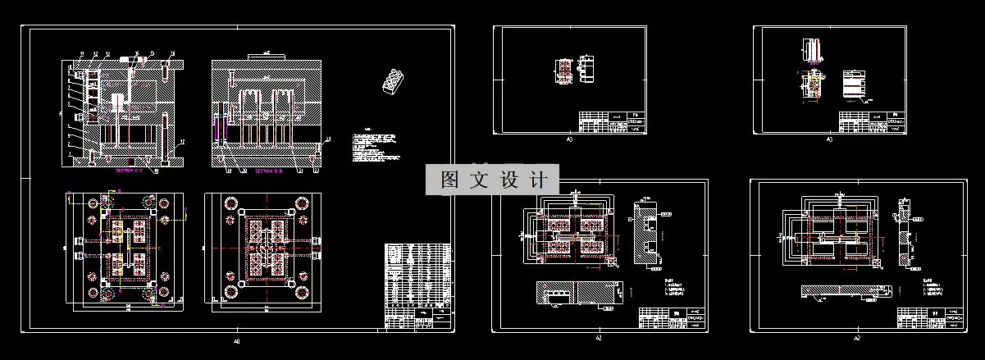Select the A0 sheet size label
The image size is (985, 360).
(237, 340)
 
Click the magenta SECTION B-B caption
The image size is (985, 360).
(269, 172)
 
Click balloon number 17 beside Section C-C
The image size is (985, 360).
(182, 141)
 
